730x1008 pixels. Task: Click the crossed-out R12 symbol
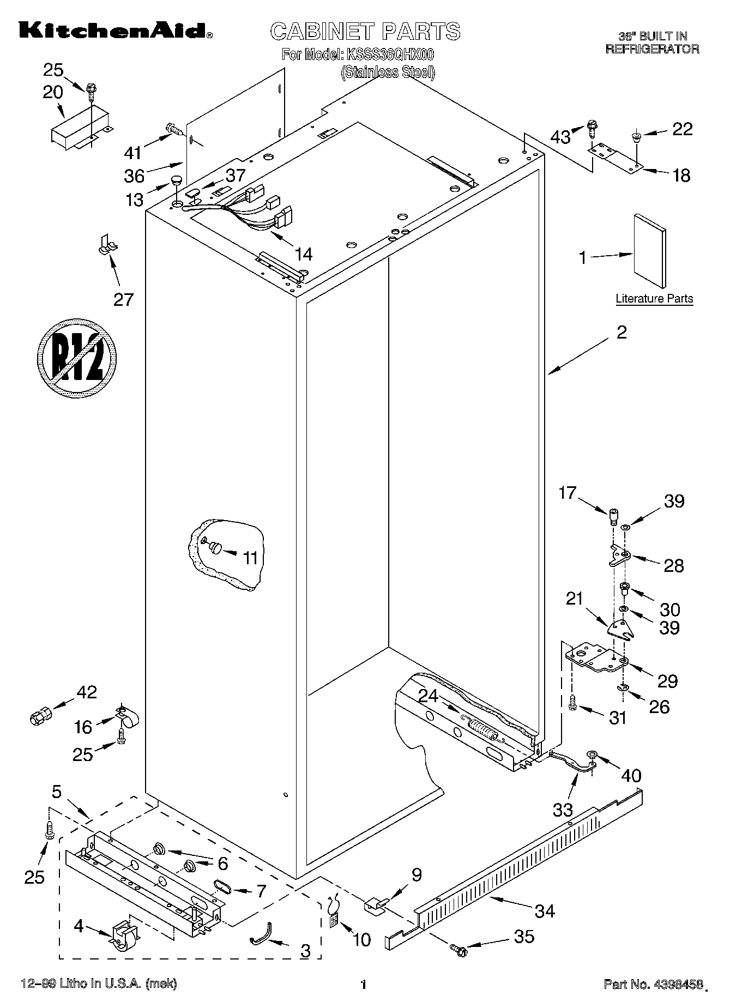[77, 358]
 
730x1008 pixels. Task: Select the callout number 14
[303, 253]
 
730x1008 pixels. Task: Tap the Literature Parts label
[654, 299]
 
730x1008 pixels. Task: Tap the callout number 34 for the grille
[545, 910]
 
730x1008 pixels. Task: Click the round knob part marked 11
[214, 547]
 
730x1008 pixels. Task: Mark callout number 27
[123, 299]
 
